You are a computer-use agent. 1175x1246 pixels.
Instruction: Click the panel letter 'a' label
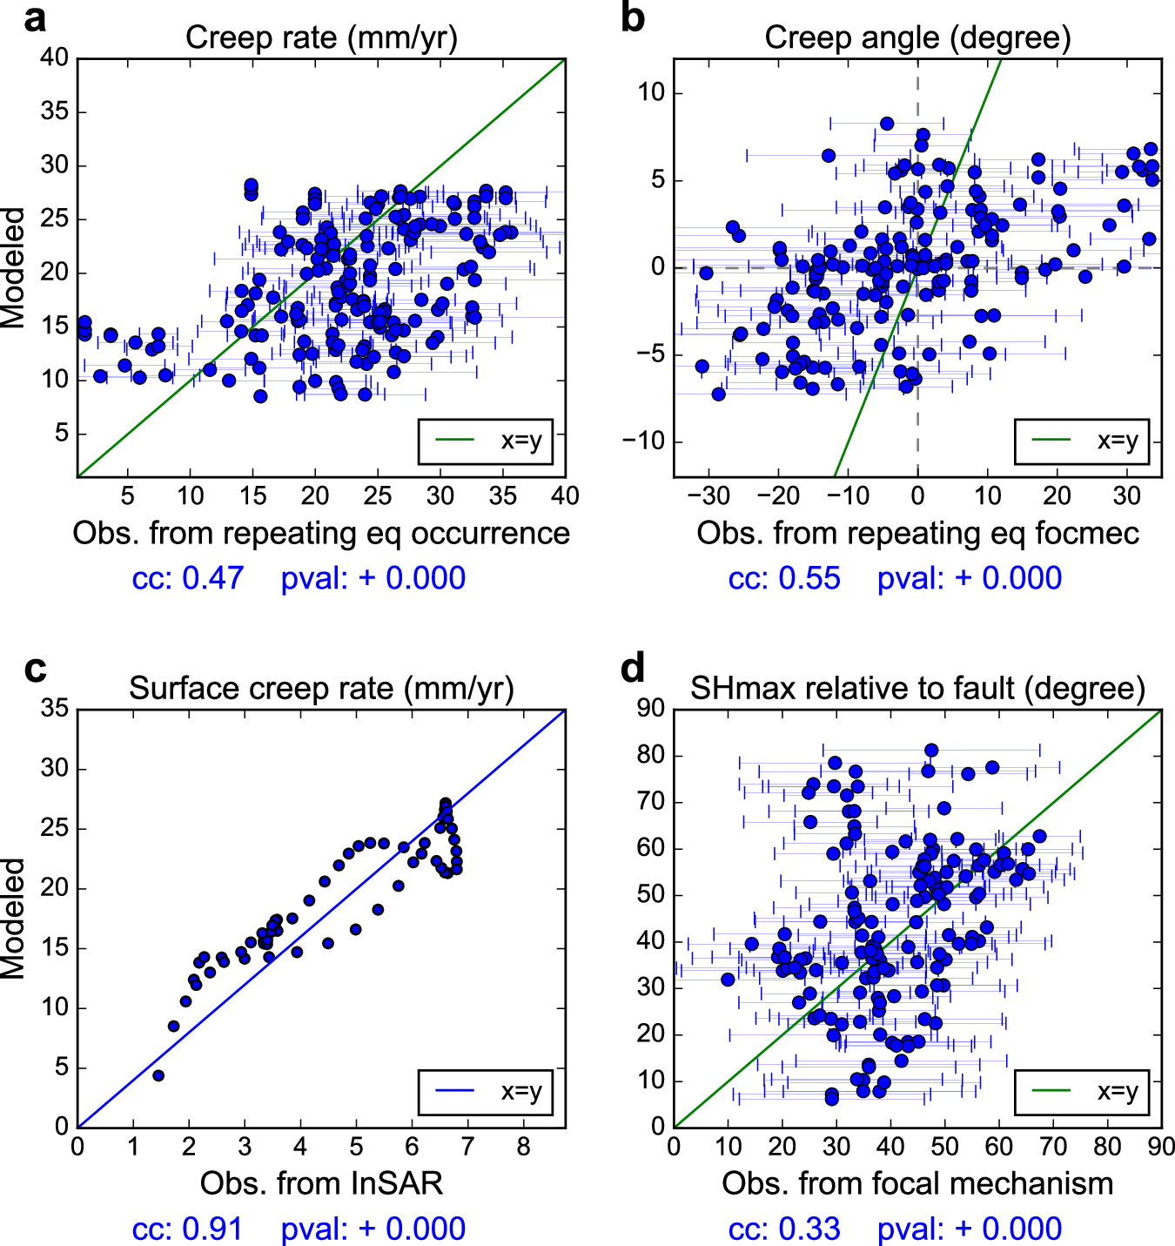click(34, 18)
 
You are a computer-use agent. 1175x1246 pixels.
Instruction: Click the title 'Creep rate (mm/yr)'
click(321, 37)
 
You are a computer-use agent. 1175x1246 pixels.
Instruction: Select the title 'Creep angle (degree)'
click(917, 37)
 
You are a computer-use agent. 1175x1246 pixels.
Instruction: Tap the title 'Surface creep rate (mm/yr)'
click(321, 688)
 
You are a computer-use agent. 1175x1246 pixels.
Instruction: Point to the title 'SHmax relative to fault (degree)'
click(917, 688)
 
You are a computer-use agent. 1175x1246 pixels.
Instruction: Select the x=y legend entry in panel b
click(1082, 441)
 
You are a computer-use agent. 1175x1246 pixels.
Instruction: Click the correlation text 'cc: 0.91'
click(187, 1229)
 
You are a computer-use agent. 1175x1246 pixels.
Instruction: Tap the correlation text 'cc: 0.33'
click(784, 1229)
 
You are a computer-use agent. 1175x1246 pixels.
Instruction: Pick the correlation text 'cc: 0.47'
click(187, 578)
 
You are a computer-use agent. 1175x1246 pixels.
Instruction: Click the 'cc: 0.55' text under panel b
click(784, 578)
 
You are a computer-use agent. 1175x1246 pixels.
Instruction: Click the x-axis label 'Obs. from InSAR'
click(321, 1183)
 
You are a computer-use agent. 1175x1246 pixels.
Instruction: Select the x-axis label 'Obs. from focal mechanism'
click(917, 1183)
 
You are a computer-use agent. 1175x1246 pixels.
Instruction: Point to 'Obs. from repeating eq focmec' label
click(917, 533)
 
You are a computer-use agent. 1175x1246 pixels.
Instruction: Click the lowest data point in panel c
click(158, 1075)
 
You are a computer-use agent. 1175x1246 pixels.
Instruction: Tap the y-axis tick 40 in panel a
click(54, 57)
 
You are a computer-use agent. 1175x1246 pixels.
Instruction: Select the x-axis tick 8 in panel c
click(523, 1147)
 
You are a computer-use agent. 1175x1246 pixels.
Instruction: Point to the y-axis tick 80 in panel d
click(651, 755)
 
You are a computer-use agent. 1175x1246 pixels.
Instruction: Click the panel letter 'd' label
click(632, 669)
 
